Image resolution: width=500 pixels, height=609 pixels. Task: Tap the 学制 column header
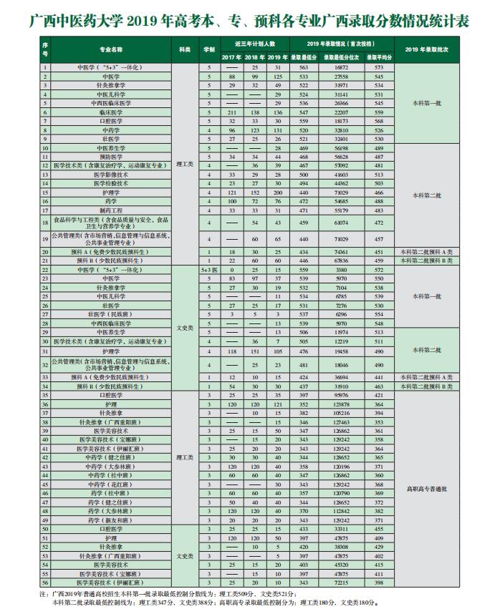pos(208,49)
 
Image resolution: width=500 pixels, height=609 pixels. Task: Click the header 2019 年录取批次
pos(427,49)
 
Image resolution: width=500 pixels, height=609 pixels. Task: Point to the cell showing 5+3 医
pos(208,269)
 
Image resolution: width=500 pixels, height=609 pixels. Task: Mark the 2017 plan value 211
pos(231,112)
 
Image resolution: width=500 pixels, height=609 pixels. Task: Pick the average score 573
pos(379,67)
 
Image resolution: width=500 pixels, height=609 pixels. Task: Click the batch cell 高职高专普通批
pos(427,489)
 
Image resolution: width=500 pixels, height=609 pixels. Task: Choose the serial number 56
pos(45,583)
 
